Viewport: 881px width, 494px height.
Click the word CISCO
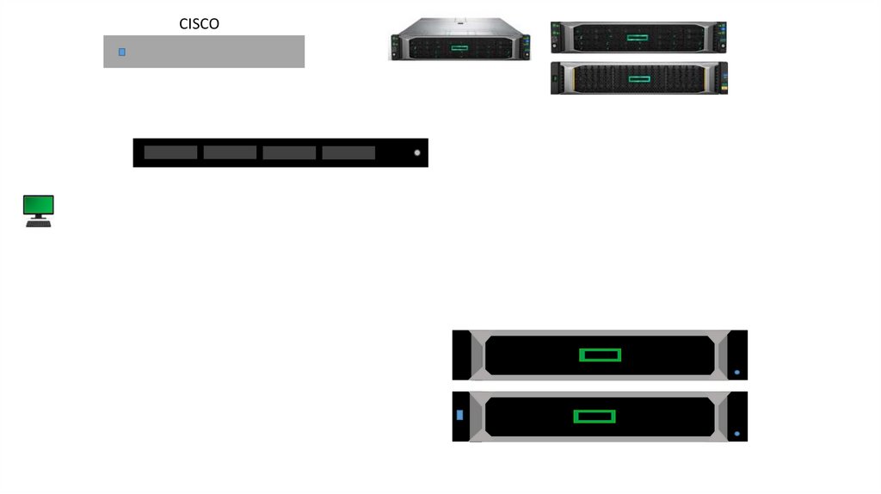click(199, 24)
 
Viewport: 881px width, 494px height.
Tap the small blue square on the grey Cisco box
click(122, 52)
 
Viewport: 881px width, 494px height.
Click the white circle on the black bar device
click(417, 153)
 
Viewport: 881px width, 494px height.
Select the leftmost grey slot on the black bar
click(170, 152)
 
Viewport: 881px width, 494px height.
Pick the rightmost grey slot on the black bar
click(348, 152)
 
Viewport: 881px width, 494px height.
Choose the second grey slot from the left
click(230, 152)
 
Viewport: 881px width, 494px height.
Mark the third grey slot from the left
click(289, 152)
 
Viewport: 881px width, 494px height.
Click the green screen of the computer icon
click(39, 205)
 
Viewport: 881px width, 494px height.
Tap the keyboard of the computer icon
click(39, 224)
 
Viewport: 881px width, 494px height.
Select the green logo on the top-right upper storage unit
click(637, 38)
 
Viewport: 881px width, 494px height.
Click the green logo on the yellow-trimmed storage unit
click(638, 79)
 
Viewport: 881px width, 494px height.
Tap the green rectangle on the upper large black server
click(600, 355)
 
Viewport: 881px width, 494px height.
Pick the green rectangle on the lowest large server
click(595, 417)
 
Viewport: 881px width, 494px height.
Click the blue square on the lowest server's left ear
click(459, 415)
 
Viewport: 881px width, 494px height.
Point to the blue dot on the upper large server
click(737, 373)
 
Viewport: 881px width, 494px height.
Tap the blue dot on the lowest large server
click(737, 434)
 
